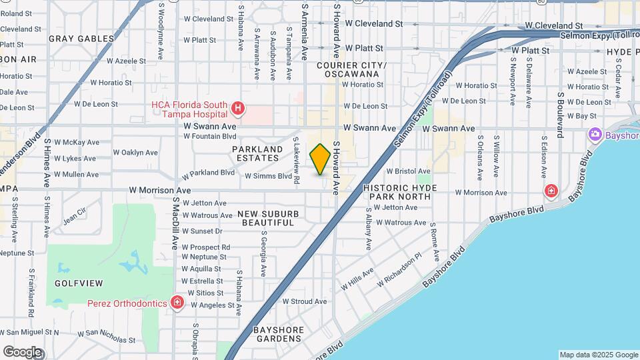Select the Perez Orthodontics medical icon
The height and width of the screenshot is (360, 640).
177,303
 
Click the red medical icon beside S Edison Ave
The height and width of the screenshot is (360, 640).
551,191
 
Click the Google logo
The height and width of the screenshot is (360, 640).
22,351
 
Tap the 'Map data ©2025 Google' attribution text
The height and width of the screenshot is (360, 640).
598,355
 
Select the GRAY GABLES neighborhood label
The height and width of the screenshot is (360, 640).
81,39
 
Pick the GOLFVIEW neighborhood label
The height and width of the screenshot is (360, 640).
79,283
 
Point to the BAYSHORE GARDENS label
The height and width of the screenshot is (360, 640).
279,334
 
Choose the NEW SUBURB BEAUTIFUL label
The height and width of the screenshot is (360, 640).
268,218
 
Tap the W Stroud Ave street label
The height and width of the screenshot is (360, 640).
304,301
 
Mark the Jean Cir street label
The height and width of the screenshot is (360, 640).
75,215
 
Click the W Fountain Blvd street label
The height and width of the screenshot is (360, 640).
211,136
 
